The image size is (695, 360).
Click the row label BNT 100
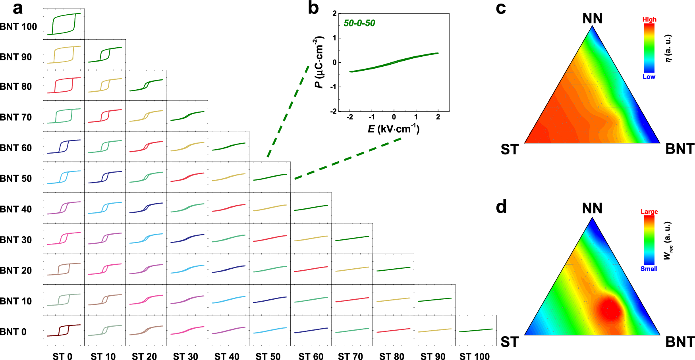pos(18,27)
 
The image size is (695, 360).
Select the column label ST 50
pos(268,356)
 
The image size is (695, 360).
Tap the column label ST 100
pos(474,356)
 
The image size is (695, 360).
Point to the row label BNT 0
pos(13,332)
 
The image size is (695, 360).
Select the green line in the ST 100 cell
pos(476,330)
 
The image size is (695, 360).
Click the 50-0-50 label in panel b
pos(359,23)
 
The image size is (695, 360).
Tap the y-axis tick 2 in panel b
pos(334,13)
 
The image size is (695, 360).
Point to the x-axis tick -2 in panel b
pos(349,117)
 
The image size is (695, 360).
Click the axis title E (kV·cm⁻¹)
pos(393,129)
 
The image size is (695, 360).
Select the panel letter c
pos(501,8)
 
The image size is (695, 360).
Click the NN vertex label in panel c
pos(592,18)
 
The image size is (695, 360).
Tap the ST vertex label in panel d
pos(510,342)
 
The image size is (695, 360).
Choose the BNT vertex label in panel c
pos(680,149)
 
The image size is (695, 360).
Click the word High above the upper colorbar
pos(649,19)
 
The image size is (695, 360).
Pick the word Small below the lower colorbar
pos(649,269)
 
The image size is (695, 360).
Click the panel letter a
pos(17,8)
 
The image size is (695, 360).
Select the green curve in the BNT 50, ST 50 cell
pos(270,177)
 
